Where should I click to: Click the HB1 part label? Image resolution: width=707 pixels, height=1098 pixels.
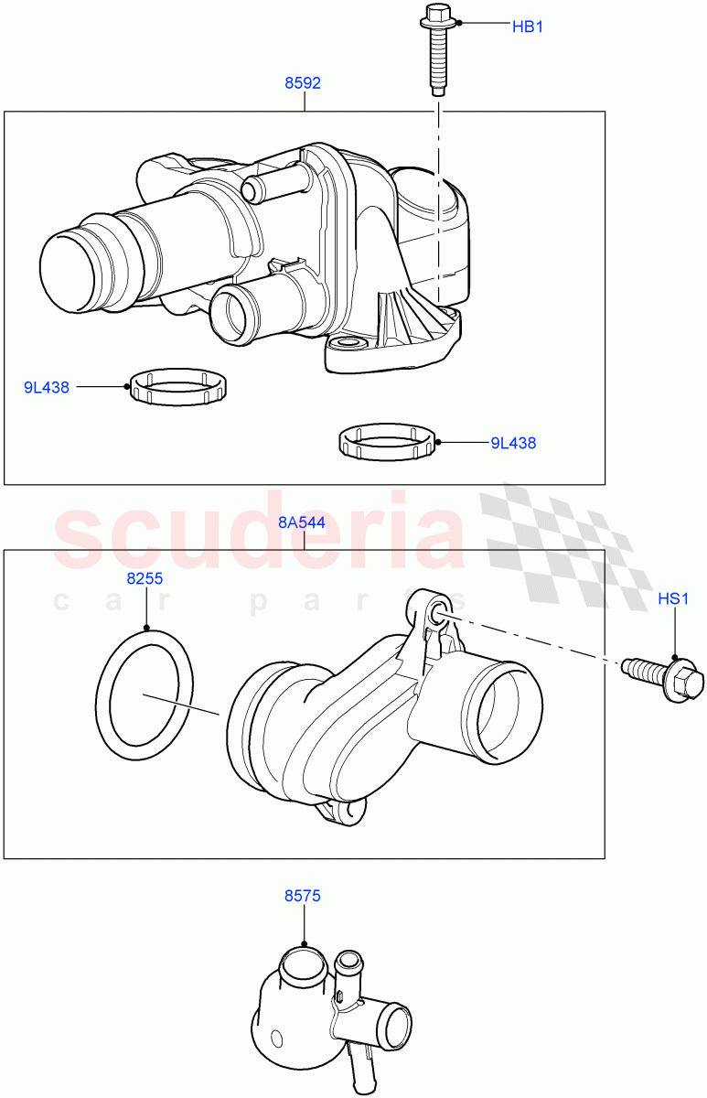[x=527, y=27]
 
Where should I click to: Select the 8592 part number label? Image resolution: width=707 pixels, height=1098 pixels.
[x=303, y=83]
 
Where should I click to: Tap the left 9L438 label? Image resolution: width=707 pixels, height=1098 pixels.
[x=47, y=387]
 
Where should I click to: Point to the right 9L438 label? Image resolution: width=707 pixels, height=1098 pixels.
[x=513, y=443]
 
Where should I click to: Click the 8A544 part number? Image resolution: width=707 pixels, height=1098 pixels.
[x=302, y=522]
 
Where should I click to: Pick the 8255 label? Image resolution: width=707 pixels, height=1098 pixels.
[x=145, y=579]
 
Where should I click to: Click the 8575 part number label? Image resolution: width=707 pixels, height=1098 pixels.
[x=302, y=897]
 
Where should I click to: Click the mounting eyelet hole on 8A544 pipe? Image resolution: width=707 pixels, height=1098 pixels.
[x=436, y=612]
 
